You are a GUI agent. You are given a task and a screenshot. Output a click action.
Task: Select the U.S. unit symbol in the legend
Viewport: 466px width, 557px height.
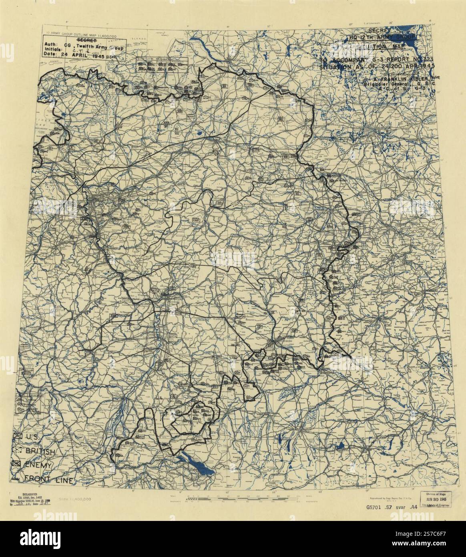tap(18, 436)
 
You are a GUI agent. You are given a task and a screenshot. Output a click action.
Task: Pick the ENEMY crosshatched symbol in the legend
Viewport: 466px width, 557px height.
tap(18, 465)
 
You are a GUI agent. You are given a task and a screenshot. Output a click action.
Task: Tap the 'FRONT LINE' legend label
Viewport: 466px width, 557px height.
tap(48, 479)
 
